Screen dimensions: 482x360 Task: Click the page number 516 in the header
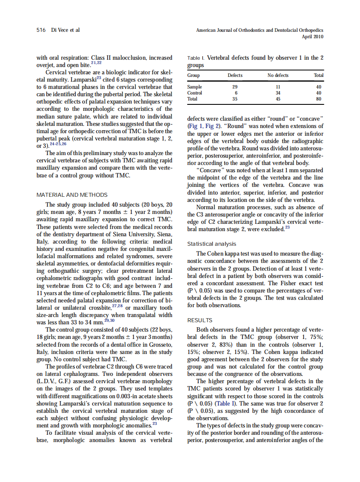[41, 31]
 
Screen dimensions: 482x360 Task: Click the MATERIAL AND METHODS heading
[72, 195]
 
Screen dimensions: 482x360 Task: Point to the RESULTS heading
[200, 320]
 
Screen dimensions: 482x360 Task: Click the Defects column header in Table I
[235, 75]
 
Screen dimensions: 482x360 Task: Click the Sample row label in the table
[195, 87]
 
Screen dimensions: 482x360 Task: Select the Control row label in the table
[195, 93]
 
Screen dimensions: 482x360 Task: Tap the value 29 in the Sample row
[235, 87]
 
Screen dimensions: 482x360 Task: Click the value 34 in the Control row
[278, 93]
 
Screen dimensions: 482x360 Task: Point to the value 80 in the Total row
[319, 99]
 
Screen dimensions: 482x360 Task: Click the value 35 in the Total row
[235, 99]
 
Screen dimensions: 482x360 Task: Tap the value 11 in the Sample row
[278, 87]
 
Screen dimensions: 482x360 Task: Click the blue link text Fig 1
[195, 126]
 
